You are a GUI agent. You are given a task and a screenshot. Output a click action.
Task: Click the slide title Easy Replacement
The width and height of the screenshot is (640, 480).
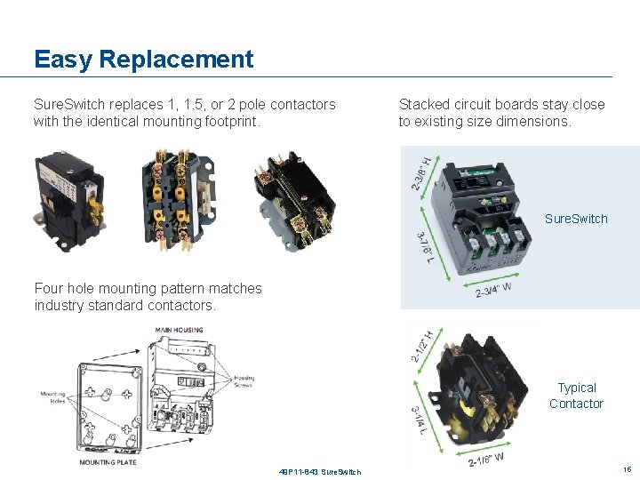(143, 60)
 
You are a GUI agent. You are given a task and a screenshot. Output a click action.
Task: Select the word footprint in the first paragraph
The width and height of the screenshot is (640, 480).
(230, 121)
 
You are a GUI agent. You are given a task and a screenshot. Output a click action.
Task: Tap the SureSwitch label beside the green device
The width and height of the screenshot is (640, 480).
(576, 219)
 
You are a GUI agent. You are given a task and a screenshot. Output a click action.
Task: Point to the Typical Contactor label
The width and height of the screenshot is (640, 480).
(576, 396)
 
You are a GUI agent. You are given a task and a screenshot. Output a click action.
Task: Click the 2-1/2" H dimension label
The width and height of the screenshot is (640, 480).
(422, 346)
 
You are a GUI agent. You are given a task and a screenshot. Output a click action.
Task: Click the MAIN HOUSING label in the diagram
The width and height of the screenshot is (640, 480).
(180, 330)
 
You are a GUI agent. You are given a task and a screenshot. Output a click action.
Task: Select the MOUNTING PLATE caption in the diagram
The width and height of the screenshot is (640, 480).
(108, 462)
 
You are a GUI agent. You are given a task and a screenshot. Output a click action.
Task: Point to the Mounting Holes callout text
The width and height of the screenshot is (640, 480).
(53, 397)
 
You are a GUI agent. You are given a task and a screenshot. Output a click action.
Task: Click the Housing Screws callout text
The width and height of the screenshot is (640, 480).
(244, 380)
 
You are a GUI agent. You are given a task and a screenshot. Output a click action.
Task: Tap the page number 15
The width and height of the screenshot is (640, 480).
(627, 468)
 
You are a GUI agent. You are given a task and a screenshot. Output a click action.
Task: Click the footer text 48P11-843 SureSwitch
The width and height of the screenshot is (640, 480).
(319, 471)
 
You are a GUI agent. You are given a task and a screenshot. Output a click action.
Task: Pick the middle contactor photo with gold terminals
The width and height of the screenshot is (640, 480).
(176, 195)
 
